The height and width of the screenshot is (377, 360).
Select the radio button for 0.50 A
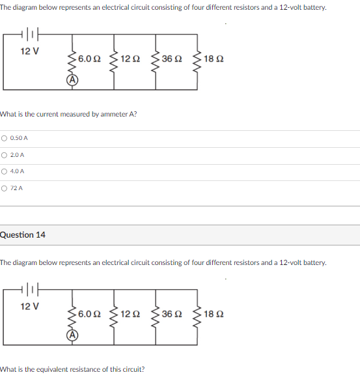pyautogui.click(x=5, y=138)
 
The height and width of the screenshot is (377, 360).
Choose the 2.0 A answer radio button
pyautogui.click(x=5, y=155)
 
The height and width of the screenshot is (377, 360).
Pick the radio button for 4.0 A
pyautogui.click(x=5, y=171)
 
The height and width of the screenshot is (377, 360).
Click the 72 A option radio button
pyautogui.click(x=5, y=188)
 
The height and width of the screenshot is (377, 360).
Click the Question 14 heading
pyautogui.click(x=23, y=234)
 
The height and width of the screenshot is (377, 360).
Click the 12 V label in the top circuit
pyautogui.click(x=30, y=51)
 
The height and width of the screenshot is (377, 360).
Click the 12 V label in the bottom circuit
pyautogui.click(x=30, y=306)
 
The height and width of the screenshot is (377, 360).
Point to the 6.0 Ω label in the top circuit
pyautogui.click(x=89, y=59)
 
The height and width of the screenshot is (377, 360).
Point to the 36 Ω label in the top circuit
pyautogui.click(x=172, y=59)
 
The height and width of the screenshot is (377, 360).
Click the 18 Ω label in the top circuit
pyautogui.click(x=214, y=59)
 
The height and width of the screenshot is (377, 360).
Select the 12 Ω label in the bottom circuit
pyautogui.click(x=131, y=314)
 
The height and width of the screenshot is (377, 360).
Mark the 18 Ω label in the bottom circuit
pyautogui.click(x=214, y=314)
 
